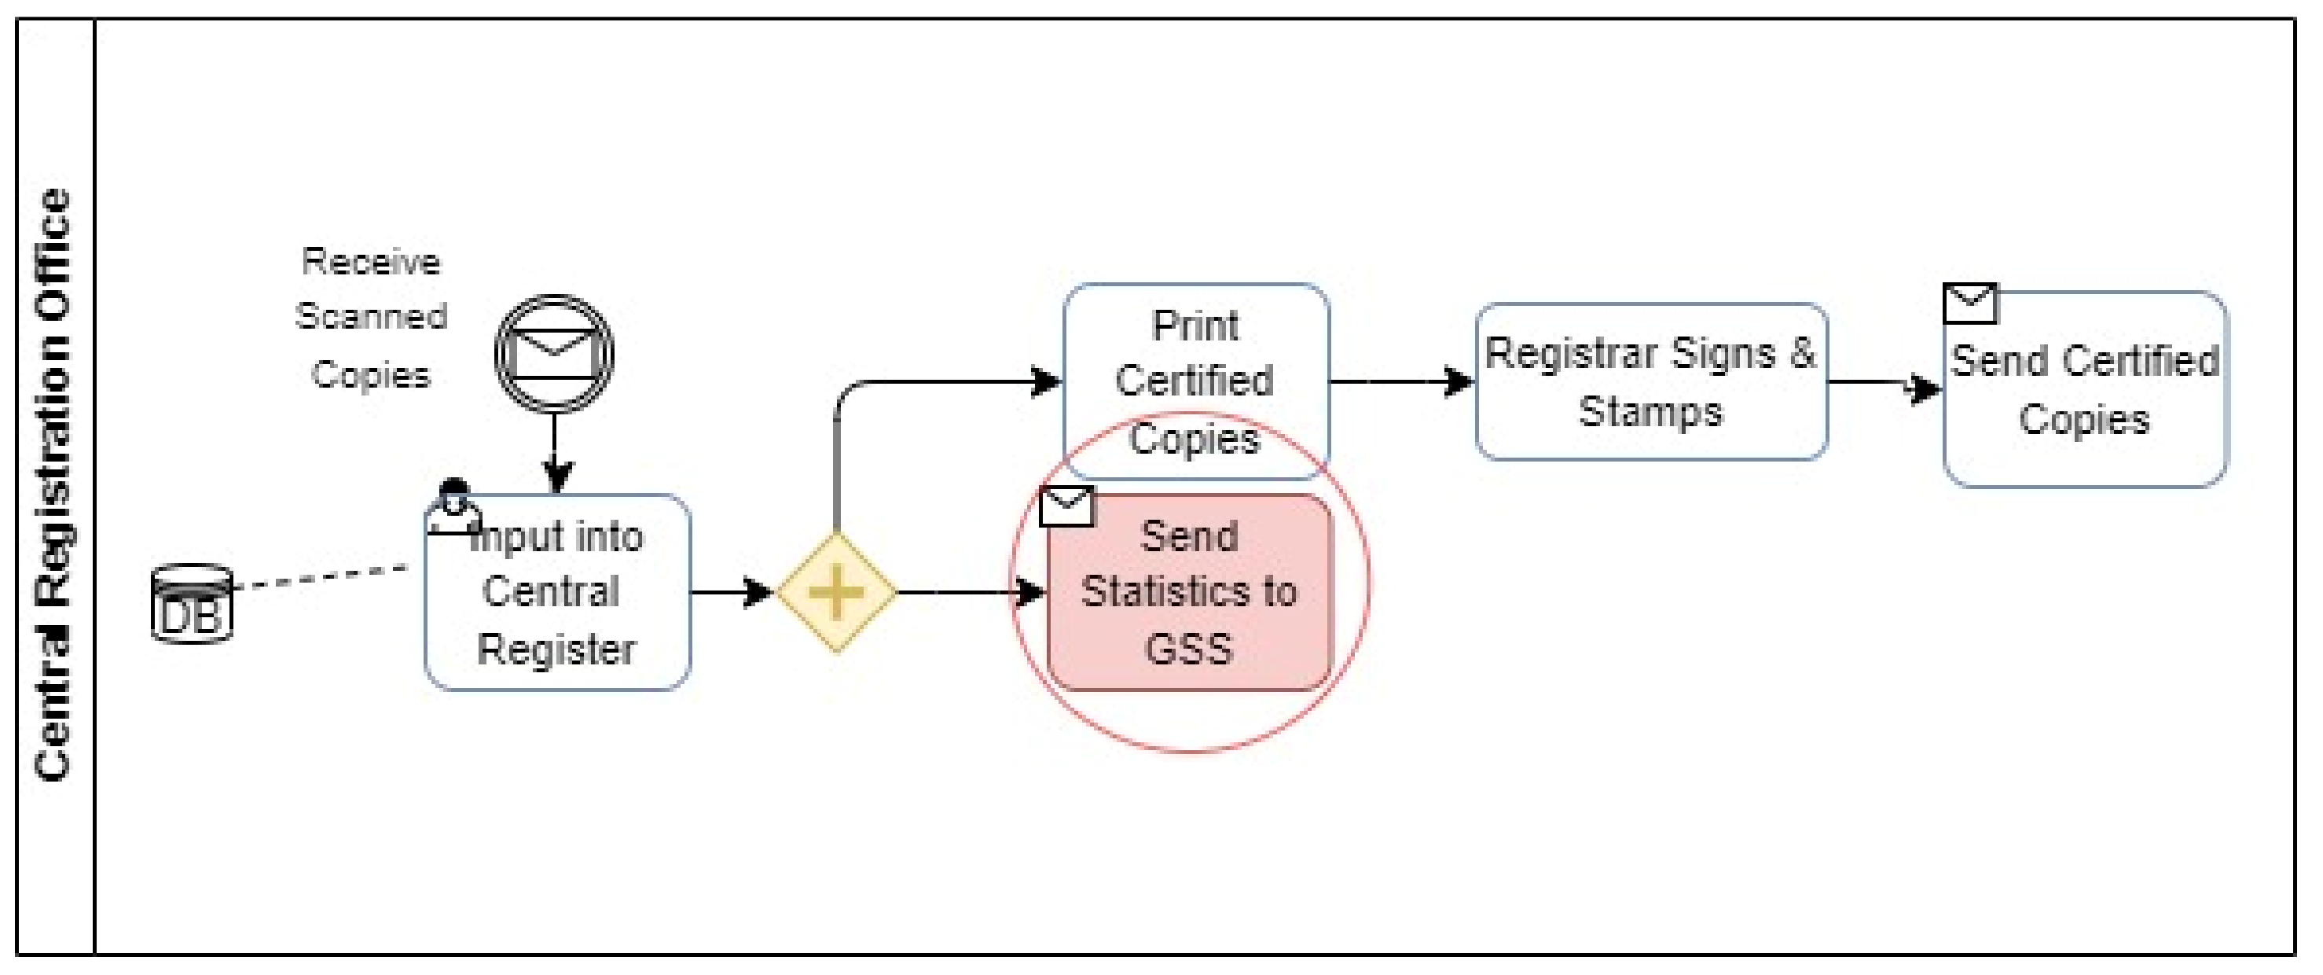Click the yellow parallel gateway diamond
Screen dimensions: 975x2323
(836, 593)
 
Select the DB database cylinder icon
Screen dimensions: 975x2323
(191, 605)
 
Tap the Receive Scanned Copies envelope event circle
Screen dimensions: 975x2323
(554, 354)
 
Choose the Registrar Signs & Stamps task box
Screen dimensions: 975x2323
(1650, 381)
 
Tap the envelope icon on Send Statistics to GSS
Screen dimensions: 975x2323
(1067, 506)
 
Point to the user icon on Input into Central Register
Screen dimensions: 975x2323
(453, 510)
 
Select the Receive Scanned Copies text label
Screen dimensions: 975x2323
(371, 318)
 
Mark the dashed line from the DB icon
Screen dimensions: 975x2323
(320, 577)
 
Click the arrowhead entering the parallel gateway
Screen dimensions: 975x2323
(758, 593)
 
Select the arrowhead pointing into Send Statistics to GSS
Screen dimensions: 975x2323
(1029, 593)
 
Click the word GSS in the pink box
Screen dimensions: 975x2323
(1188, 649)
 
